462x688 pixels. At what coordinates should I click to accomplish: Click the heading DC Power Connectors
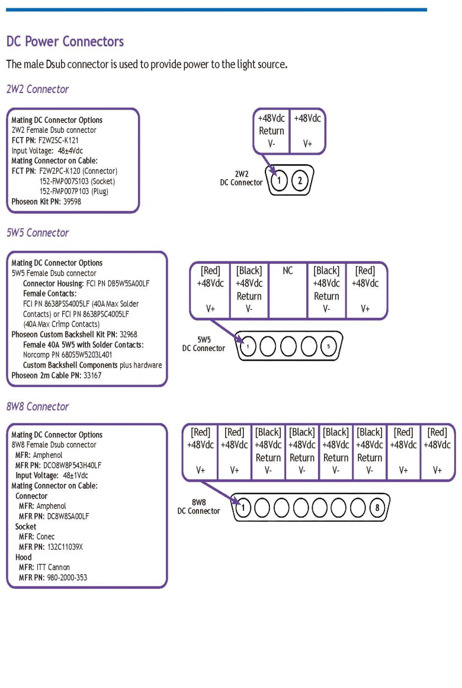coord(65,42)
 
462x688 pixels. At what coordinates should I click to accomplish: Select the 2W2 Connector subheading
coord(38,89)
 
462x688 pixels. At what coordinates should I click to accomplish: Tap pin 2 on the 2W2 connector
coord(300,180)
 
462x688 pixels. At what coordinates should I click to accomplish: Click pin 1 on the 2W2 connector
coord(279,180)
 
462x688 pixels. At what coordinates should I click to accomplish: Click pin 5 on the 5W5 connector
coord(328,346)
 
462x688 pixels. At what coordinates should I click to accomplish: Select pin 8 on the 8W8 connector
coord(377,508)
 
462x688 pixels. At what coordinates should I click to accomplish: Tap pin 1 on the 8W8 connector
coord(243,508)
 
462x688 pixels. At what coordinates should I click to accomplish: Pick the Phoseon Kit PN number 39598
coord(72,202)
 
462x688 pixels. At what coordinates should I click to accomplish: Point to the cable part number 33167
coord(92,375)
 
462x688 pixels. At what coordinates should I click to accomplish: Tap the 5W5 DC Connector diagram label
coord(203,344)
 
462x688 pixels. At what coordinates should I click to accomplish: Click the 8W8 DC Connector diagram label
coord(198,507)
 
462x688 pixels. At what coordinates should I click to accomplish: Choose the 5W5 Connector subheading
coord(38,232)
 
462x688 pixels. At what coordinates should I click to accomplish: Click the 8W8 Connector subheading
coord(38,407)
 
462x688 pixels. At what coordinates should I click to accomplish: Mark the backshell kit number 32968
coord(129,335)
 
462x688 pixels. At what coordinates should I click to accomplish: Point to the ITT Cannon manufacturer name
coord(53,568)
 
